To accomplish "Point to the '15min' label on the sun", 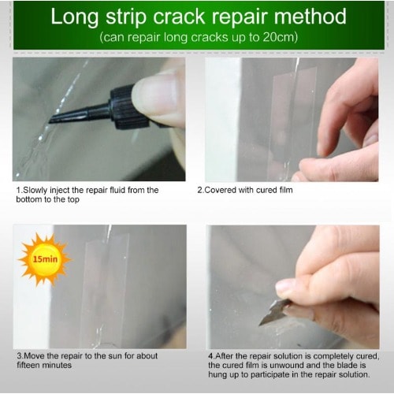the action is (45, 259).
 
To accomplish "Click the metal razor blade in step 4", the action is (275, 312).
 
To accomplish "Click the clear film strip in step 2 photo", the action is (294, 116).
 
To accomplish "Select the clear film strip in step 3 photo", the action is (105, 289).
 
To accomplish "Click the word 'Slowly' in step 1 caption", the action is (35, 190).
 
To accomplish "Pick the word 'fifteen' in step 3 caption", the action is (28, 365).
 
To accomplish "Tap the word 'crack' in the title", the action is (179, 17).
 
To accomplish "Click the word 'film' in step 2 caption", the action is (286, 190).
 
